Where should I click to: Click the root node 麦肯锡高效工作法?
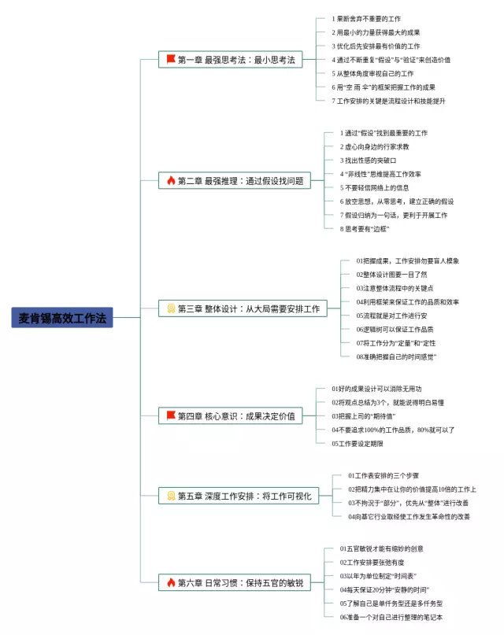click(62, 317)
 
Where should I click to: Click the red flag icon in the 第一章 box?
click(171, 59)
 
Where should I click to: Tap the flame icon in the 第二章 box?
click(171, 181)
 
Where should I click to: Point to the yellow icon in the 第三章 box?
click(171, 308)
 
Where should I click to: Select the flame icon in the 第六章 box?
click(171, 582)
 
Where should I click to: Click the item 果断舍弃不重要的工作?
click(365, 18)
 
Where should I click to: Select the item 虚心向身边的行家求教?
click(374, 146)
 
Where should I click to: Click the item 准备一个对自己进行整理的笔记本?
click(391, 617)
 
